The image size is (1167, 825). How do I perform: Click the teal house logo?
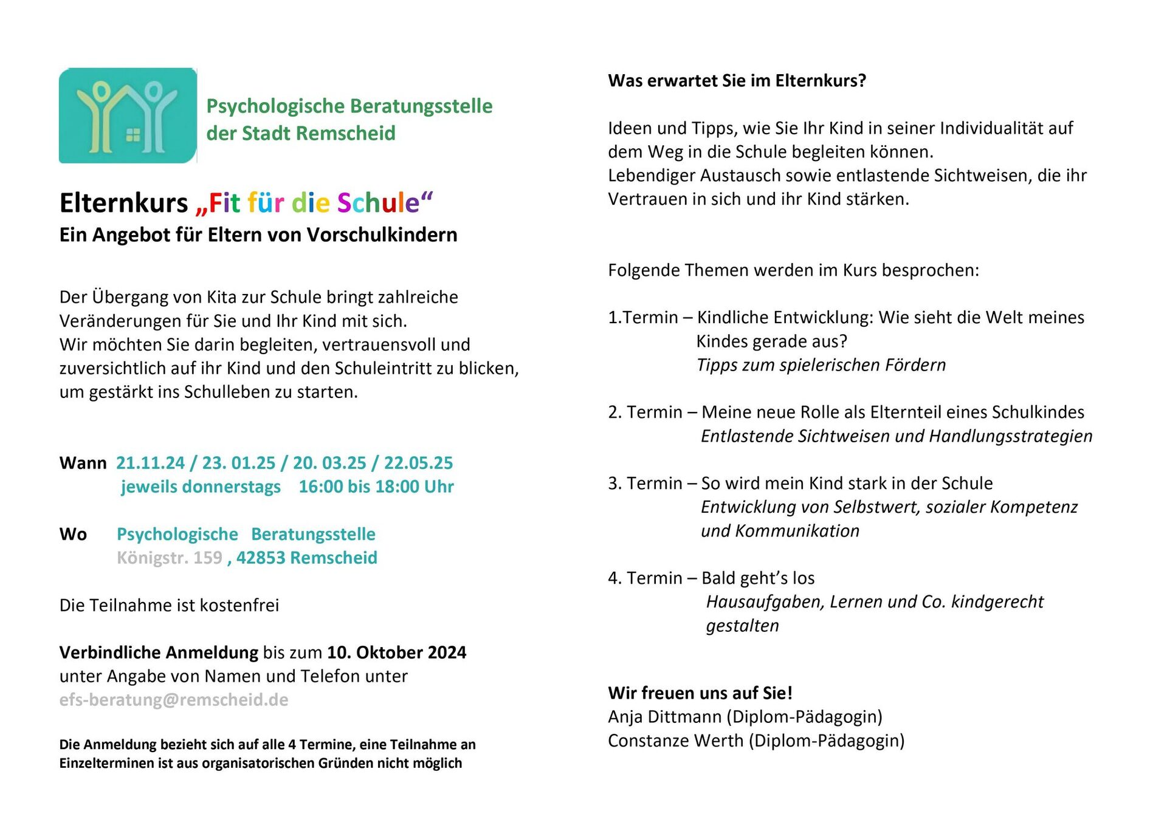[x=128, y=115]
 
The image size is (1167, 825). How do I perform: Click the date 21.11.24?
[x=150, y=463]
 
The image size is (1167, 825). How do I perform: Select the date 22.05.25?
[x=418, y=463]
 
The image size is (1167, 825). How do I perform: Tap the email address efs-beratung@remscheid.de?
[x=174, y=700]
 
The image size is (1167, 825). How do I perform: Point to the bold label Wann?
[x=83, y=463]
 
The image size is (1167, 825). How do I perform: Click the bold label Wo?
[x=73, y=534]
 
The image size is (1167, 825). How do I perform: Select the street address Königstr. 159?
[x=170, y=558]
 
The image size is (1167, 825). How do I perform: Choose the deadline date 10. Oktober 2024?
[x=396, y=652]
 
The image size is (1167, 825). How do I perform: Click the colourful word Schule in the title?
[x=378, y=203]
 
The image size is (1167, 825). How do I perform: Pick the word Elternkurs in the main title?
[x=124, y=203]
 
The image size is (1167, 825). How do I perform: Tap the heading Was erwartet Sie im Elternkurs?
[x=737, y=81]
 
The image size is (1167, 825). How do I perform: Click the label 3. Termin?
[x=645, y=483]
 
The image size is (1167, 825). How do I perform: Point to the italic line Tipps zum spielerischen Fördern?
[x=821, y=365]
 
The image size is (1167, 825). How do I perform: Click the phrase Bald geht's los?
[x=758, y=578]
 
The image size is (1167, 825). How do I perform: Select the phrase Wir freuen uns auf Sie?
[x=700, y=693]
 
